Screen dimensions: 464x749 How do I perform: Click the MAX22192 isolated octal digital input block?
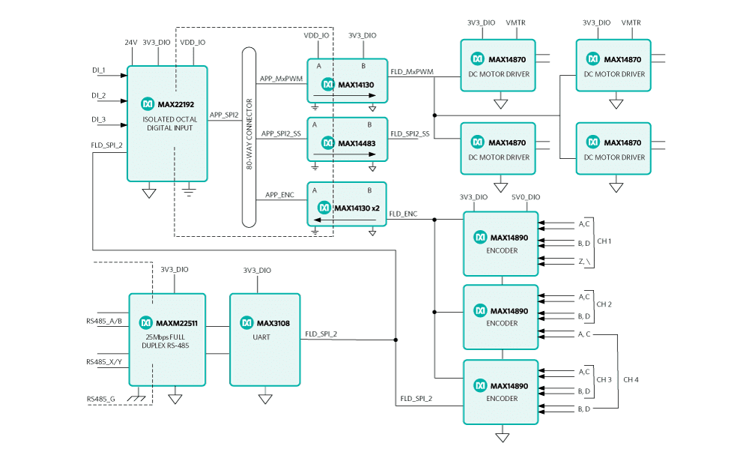coord(167,124)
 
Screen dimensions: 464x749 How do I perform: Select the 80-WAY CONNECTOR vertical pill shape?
coord(249,137)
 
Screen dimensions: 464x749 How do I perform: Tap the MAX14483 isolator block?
coord(347,139)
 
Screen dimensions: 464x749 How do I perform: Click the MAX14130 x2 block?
coord(347,204)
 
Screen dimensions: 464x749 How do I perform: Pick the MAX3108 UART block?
coord(264,339)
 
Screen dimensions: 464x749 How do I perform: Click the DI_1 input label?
coord(98,70)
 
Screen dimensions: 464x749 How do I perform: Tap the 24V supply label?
coord(131,43)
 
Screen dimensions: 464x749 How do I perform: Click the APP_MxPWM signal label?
coord(281,78)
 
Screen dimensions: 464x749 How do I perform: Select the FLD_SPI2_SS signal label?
coord(410,134)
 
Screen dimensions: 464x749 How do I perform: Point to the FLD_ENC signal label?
coord(403,214)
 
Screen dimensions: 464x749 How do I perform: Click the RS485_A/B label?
coord(104,322)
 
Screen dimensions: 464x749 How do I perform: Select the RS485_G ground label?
coord(100,399)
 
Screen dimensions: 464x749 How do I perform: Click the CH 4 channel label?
coord(631,379)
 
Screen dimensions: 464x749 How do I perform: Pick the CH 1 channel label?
coord(604,241)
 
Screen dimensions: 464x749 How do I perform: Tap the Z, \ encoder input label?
coord(584,260)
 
